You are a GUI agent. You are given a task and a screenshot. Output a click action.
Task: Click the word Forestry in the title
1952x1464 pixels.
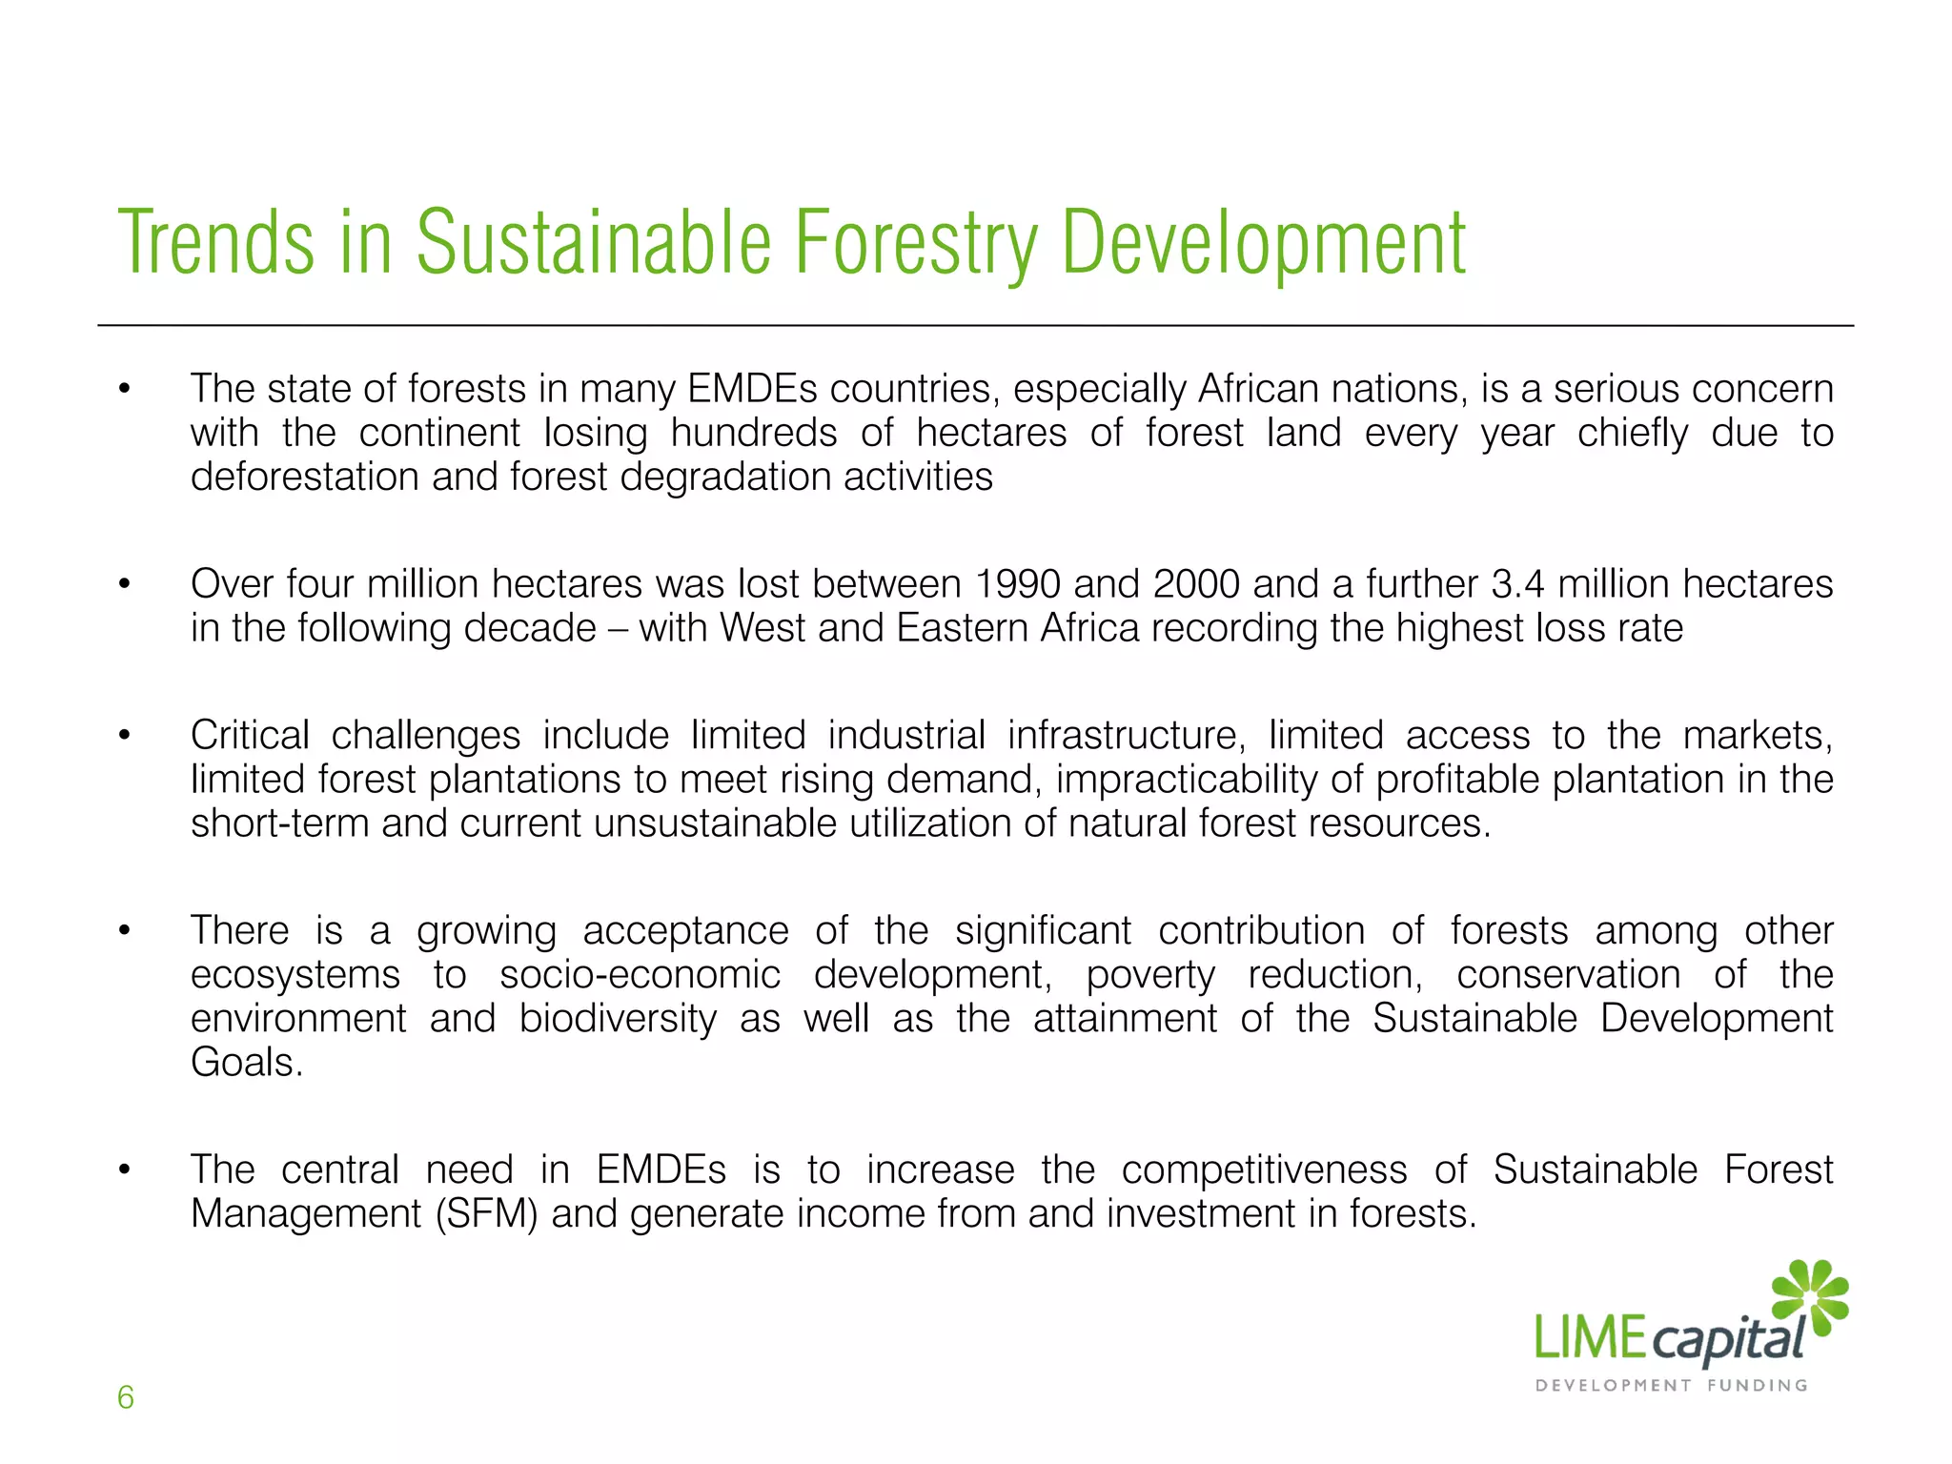[x=915, y=243]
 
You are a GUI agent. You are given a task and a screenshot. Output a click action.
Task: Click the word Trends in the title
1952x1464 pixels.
[x=215, y=243]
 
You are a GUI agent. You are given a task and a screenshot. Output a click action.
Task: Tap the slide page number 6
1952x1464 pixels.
[x=125, y=1397]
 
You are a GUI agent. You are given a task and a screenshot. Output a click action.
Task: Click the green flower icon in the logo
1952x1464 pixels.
[x=1810, y=1296]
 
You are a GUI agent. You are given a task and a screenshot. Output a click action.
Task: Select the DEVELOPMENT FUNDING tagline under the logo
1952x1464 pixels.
[x=1672, y=1385]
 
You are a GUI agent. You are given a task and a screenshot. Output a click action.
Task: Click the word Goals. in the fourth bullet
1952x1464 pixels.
[x=246, y=1063]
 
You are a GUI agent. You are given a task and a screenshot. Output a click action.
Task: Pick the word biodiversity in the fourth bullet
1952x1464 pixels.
[x=618, y=1019]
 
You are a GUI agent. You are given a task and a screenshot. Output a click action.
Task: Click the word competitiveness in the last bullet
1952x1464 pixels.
[x=1264, y=1170]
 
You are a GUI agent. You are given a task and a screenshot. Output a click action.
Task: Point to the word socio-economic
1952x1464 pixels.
[x=640, y=975]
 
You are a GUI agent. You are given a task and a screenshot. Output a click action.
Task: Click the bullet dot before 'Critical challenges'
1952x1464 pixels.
[x=124, y=736]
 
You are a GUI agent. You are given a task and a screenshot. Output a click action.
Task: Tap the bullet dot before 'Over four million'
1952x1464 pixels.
[x=124, y=584]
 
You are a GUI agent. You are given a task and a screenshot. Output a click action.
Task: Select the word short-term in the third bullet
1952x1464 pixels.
[x=279, y=823]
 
